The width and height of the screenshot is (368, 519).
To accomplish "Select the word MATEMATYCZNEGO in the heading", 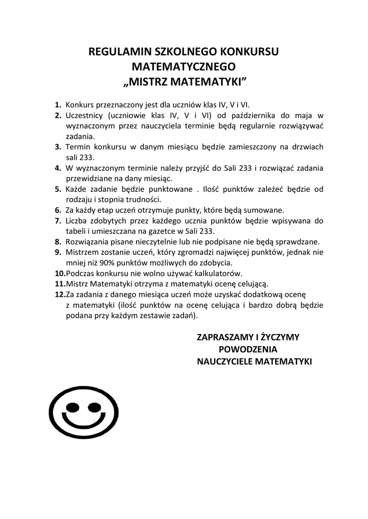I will click(x=184, y=66).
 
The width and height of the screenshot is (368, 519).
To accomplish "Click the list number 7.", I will click(x=58, y=221).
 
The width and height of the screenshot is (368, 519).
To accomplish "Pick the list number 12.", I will click(x=60, y=294).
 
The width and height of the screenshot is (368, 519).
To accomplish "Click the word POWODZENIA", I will click(x=248, y=349).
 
